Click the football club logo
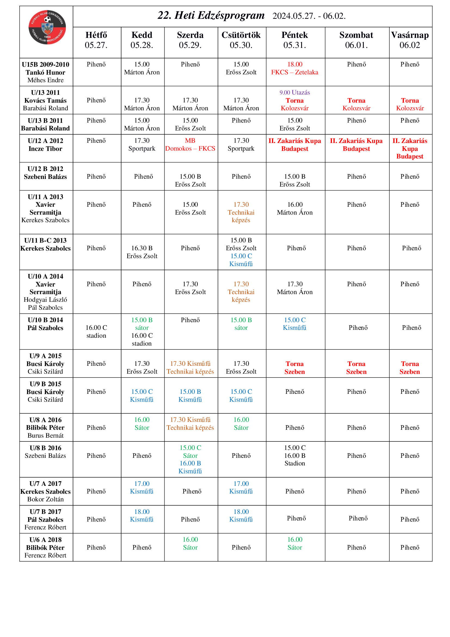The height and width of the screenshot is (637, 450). pos(47,27)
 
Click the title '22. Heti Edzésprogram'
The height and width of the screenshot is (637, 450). pos(211,15)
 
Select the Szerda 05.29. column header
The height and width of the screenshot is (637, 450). pos(190,40)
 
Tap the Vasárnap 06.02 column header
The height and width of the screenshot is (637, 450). pos(409,40)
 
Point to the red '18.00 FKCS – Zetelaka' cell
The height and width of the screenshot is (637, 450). pos(295,68)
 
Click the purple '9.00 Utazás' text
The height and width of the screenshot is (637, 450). pos(295,92)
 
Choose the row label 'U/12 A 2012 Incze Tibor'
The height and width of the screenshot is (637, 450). pos(45,145)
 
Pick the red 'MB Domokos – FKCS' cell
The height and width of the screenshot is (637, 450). pos(190,145)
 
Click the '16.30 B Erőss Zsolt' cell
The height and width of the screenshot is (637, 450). pos(142,252)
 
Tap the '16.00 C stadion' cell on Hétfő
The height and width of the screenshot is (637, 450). pos(96,331)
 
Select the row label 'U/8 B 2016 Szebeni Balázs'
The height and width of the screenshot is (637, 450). pos(45,452)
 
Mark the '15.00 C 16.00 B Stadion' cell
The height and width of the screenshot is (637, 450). pos(295,455)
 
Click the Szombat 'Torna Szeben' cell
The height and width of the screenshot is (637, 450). pos(356,368)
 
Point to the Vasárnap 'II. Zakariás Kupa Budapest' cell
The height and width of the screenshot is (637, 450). pos(409,148)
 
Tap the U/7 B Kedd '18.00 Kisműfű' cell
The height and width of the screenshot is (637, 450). pos(142,515)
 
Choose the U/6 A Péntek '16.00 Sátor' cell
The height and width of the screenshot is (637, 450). pos(295,543)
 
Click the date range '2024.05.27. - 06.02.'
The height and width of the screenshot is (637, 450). pos(309,16)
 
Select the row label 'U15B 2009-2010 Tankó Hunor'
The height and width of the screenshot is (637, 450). pos(45,72)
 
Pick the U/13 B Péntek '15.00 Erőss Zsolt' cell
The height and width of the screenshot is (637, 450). pos(295,124)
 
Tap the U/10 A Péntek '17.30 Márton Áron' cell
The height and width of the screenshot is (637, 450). pos(295,288)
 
